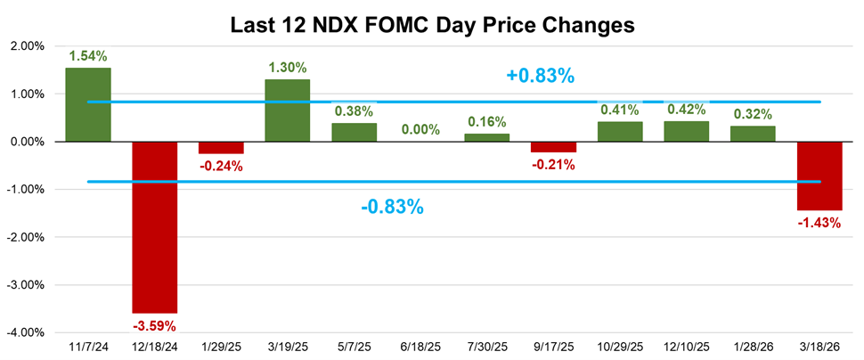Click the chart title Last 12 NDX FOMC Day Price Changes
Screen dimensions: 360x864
432,25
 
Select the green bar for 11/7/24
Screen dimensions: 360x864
87,104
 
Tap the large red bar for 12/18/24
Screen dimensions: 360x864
154,226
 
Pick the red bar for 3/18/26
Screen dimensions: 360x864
819,176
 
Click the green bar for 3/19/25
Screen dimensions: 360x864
287,110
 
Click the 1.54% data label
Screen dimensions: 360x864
87,56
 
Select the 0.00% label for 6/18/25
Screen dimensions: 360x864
420,129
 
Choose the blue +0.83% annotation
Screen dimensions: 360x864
540,76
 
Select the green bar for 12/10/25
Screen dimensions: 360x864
686,132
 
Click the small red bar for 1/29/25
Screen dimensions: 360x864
221,147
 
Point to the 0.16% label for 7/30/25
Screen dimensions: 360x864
486,122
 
